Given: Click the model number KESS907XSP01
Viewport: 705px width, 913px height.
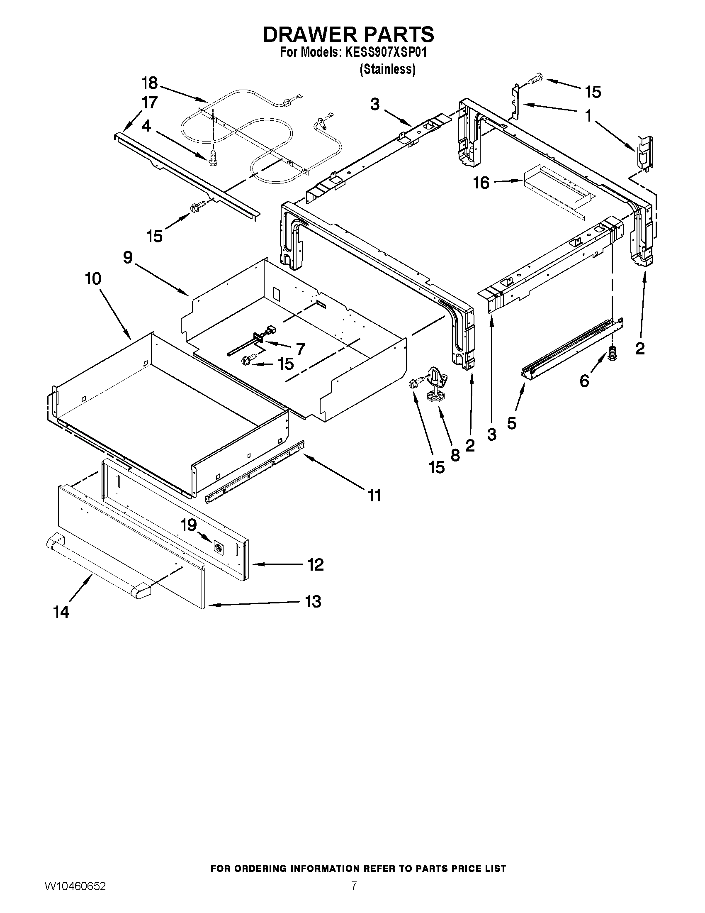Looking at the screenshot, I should point(386,53).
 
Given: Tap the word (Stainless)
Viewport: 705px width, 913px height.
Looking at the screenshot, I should point(387,69).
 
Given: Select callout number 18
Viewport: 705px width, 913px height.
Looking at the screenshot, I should point(149,83).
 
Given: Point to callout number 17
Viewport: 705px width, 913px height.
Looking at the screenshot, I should point(149,103).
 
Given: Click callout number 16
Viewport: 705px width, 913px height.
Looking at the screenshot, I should point(481,183).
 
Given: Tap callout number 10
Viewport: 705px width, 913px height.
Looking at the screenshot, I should point(93,278).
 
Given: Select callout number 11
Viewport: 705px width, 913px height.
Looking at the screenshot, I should point(374,496).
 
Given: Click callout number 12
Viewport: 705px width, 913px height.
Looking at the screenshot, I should point(315,565).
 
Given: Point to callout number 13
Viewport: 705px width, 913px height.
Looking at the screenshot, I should point(313,602).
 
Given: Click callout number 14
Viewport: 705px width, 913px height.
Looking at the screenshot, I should point(61,612).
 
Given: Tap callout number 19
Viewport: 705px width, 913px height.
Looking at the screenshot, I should point(189,525).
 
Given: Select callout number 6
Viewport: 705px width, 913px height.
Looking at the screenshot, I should point(584,381).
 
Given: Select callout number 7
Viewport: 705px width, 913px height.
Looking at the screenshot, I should point(300,349).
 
